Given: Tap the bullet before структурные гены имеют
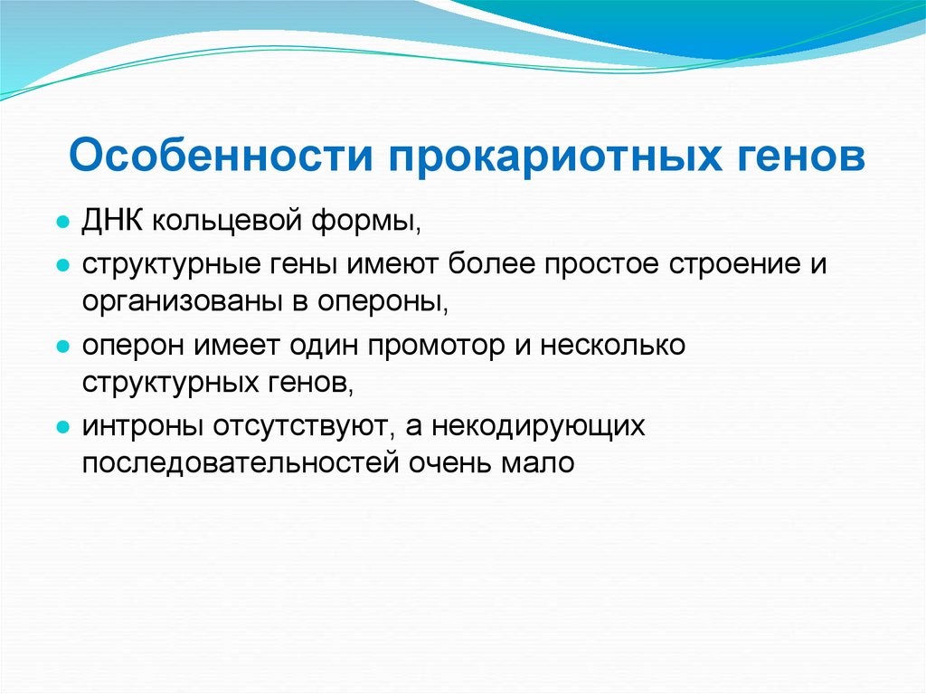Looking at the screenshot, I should tap(62, 264).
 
